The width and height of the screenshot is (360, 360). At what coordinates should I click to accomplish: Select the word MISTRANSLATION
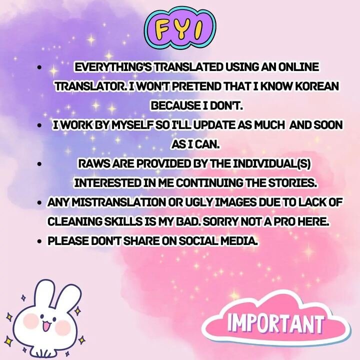click(119, 202)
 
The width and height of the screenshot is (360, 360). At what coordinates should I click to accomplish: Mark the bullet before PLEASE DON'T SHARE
click(40, 241)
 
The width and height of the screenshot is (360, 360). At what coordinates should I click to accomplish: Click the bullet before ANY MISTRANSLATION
click(40, 203)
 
